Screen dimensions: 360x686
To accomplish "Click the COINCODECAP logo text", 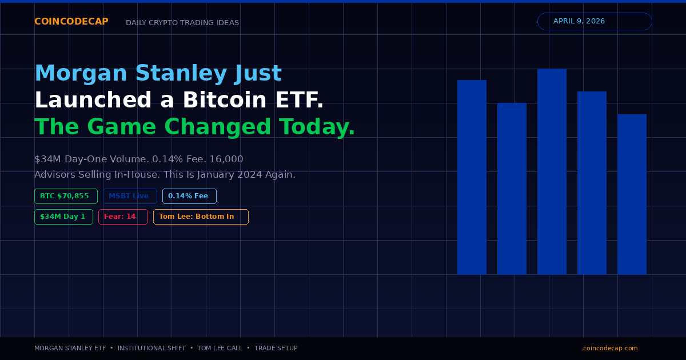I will [x=71, y=22].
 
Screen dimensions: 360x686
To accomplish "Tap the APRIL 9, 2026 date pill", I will [x=595, y=21].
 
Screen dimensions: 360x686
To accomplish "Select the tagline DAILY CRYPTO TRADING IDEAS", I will [x=182, y=23].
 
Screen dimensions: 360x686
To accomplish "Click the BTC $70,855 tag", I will [x=66, y=196].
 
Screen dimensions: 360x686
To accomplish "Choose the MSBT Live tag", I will [x=130, y=196].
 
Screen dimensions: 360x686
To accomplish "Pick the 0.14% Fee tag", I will [x=189, y=196].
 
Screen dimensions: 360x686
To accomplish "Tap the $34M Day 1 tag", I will [x=63, y=217].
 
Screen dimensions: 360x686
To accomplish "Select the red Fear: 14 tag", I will [x=123, y=217].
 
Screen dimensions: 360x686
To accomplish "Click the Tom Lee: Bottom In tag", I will [x=201, y=217].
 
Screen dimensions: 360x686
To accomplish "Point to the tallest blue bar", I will [x=552, y=171].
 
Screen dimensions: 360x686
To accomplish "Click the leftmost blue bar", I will [x=472, y=177].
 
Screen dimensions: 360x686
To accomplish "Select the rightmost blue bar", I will [x=632, y=194].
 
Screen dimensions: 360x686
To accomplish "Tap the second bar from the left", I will [x=512, y=189].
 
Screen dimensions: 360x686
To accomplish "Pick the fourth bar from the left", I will [x=592, y=183].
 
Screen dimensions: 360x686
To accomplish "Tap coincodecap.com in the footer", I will [x=610, y=348].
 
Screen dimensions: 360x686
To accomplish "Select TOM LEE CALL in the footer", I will [x=220, y=348].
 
